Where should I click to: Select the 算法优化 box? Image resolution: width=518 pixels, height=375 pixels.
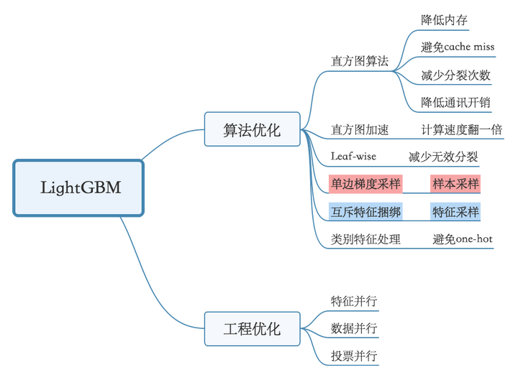251,130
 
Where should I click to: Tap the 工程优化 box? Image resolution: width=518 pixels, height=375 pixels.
251,330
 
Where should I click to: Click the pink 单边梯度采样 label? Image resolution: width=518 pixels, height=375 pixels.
365,184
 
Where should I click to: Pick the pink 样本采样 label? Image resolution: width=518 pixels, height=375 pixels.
455,184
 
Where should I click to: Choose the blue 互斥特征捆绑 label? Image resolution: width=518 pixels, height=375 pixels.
365,211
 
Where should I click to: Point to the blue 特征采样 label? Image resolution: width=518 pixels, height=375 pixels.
455,211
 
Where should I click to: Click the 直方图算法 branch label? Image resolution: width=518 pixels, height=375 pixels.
360,60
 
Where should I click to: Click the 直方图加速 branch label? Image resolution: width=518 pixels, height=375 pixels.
360,129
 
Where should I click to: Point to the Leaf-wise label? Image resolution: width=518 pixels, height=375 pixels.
353,156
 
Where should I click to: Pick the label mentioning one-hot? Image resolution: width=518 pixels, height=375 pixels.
463,239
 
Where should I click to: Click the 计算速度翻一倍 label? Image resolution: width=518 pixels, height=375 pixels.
461,129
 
